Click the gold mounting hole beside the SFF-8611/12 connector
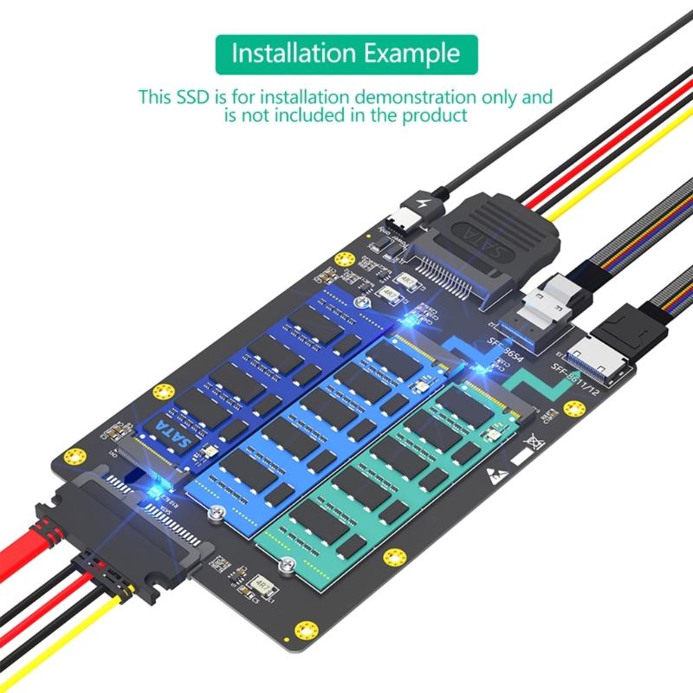[573, 409]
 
